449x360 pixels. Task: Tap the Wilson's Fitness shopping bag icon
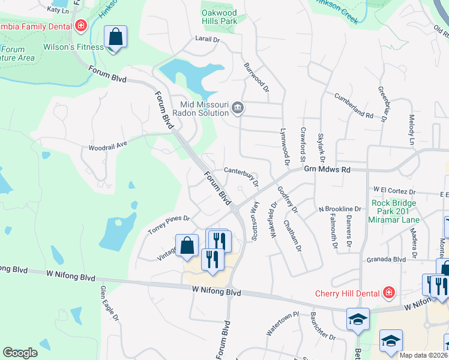pos(116,37)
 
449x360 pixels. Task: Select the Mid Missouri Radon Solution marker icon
pos(238,108)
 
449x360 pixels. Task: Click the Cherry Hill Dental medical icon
pos(389,293)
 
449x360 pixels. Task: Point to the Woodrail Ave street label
pos(109,145)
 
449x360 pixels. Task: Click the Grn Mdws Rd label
pos(327,170)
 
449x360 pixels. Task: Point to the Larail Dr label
pos(208,40)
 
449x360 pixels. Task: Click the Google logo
pos(20,352)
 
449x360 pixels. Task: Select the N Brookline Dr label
pos(339,209)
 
